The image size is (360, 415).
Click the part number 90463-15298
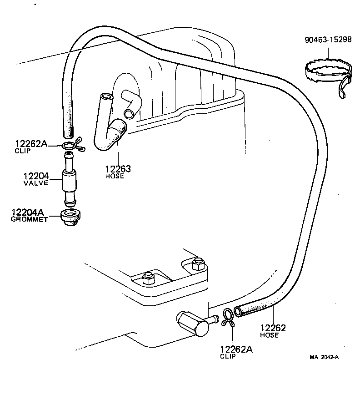(x=328, y=40)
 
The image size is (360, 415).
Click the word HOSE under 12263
(x=115, y=176)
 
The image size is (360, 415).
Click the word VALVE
(x=36, y=183)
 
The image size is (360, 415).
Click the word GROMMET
(x=29, y=219)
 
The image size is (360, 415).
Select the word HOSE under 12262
(x=270, y=335)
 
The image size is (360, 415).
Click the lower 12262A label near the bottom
(x=236, y=349)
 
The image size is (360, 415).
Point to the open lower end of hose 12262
(x=238, y=312)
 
